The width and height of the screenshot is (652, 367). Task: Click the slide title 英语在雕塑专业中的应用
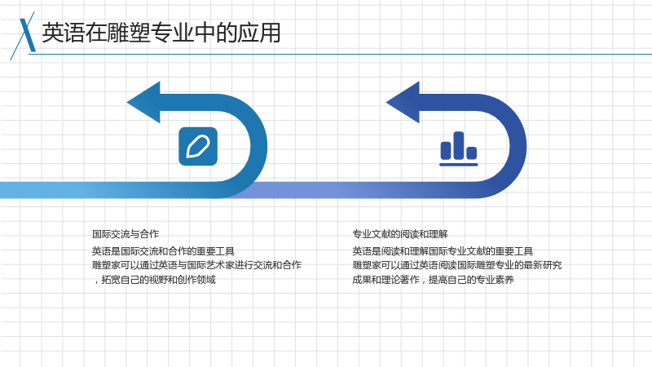point(161,33)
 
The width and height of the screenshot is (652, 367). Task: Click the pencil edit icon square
point(198,147)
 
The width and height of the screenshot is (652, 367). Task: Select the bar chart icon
point(459,148)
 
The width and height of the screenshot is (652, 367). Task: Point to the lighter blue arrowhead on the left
point(144,103)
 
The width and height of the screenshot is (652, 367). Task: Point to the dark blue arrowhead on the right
point(403,103)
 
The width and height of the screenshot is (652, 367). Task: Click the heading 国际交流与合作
point(126,234)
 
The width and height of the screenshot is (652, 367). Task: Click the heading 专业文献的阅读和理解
point(400,234)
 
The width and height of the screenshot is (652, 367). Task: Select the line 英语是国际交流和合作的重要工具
point(163,251)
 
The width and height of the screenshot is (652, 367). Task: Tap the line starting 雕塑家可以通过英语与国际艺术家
point(196,265)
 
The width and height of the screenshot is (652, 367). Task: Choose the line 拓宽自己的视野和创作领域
point(154,280)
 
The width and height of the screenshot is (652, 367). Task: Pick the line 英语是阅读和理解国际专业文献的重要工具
point(443,251)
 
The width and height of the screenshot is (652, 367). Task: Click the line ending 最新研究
point(457,265)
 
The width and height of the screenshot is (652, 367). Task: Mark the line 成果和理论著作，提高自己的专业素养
point(433,280)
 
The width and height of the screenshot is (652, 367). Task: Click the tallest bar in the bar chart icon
point(459,145)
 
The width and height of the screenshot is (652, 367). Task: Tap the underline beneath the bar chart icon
point(459,165)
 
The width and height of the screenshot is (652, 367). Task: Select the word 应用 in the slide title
point(259,33)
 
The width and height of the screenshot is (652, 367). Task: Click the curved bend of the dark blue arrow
point(518,147)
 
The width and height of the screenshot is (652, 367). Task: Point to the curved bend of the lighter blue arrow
point(258,147)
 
